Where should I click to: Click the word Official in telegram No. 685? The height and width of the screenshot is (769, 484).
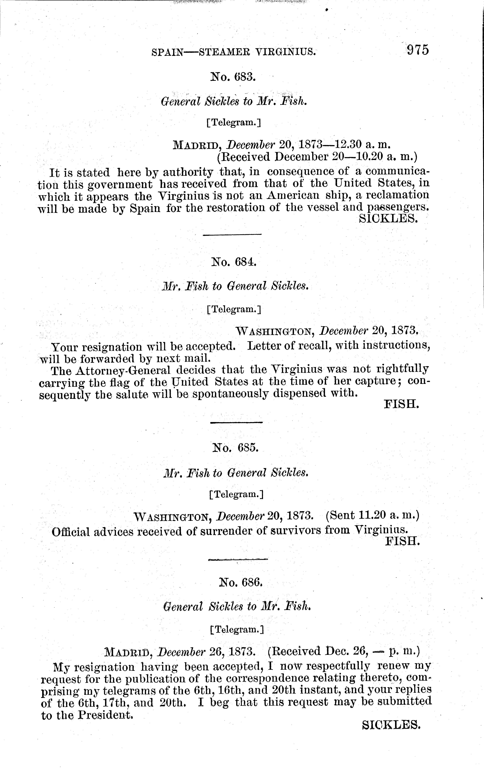point(70,532)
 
